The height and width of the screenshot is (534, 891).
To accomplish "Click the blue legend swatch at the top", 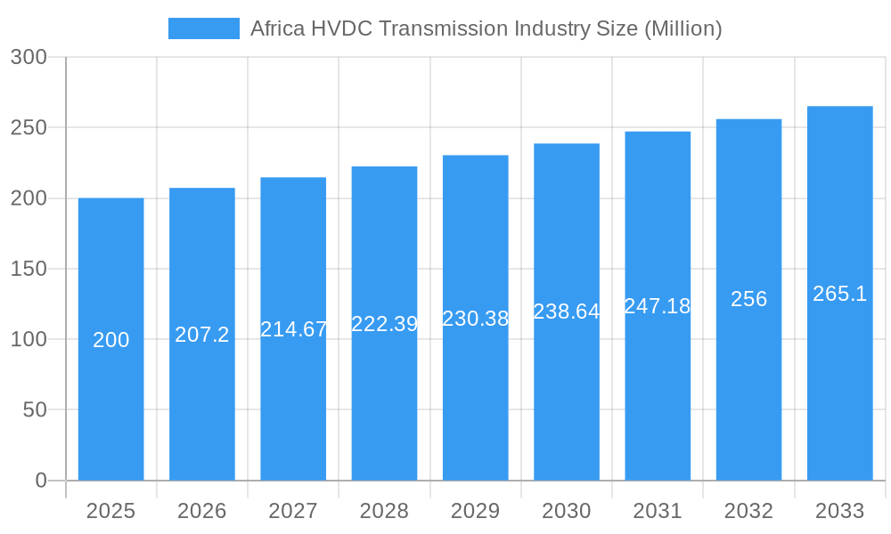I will point(203,28).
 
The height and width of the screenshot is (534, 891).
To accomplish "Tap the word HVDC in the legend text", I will point(337,28).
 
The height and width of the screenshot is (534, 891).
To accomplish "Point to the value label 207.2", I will point(202,335).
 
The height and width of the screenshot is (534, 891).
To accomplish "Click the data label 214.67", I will point(293,329).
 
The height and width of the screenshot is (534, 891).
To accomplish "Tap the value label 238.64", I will point(567,311).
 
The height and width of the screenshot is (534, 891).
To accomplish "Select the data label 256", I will point(748,299).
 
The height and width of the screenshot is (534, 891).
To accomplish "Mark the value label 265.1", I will point(839,294).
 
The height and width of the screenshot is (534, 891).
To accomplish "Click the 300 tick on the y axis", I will point(29,57).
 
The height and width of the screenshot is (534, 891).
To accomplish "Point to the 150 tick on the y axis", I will point(29,269).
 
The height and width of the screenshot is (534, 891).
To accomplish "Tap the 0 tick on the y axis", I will point(41,481).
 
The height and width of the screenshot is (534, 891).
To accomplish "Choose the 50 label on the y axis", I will point(35,410).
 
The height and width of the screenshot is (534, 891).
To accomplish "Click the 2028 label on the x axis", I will point(384,511).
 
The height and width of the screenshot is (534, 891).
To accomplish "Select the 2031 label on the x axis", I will point(658,511).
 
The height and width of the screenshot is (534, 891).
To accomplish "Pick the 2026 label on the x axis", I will point(202,511).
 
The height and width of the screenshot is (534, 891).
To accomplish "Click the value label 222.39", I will point(384,324).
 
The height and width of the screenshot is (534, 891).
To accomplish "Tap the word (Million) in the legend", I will point(683,28).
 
